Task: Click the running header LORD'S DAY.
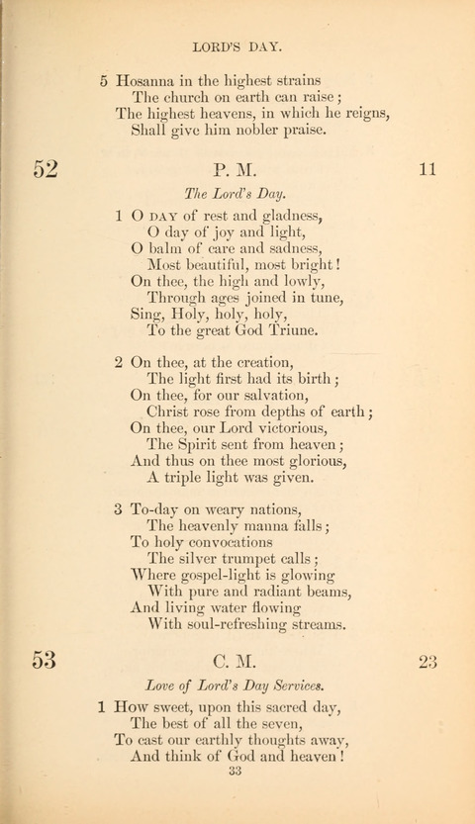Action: coord(237,46)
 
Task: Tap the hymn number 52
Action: coord(46,169)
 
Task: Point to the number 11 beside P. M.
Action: coord(427,169)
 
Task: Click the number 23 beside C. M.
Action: coord(427,660)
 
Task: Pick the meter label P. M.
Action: coord(237,170)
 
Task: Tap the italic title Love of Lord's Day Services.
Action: coord(237,685)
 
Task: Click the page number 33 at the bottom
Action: coord(237,798)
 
